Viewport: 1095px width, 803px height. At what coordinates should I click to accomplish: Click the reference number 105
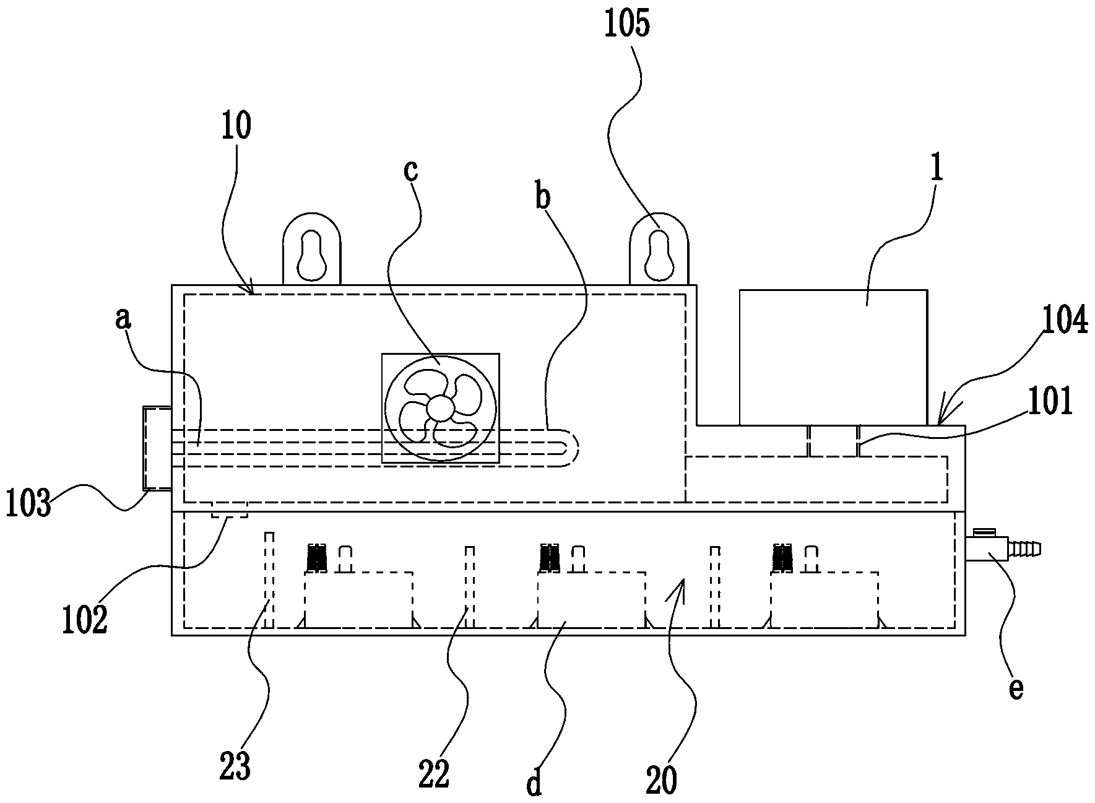(628, 26)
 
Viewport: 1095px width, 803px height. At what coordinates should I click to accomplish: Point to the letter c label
(410, 170)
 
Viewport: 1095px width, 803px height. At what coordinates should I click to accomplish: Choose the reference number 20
(662, 781)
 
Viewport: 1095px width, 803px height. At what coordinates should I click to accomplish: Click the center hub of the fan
(440, 407)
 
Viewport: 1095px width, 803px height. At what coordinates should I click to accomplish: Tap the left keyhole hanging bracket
(312, 250)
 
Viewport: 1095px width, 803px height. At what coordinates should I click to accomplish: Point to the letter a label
(124, 319)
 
